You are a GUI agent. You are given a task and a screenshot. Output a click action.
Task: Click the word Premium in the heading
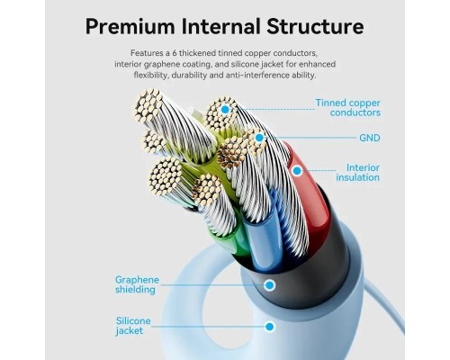coord(130,26)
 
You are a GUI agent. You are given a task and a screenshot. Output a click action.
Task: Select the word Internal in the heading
coord(221,26)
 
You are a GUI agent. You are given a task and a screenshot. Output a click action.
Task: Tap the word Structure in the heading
coord(315,26)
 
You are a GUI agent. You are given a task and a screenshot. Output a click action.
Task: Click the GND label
coord(370,138)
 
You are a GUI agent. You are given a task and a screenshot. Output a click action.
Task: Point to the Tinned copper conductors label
coord(348,107)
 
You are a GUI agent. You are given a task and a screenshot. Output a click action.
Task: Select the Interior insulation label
coord(358,172)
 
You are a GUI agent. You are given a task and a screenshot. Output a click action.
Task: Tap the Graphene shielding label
coord(137,284)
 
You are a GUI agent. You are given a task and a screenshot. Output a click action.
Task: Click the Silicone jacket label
coord(133,326)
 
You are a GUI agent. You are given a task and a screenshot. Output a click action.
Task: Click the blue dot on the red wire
coord(297,171)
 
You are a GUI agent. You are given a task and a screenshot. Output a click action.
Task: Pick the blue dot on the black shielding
coord(269,285)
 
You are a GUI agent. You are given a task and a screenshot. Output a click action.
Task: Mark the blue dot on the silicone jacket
coord(270,327)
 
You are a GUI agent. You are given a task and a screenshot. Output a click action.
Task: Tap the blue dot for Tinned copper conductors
coord(225,110)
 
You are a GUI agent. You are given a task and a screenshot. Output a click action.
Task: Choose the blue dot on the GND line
coord(259,138)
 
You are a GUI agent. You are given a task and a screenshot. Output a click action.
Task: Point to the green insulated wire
coord(237,240)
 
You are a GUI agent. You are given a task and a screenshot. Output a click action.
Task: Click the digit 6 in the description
coord(175,53)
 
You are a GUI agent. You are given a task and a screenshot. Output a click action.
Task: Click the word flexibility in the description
coord(151,76)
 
